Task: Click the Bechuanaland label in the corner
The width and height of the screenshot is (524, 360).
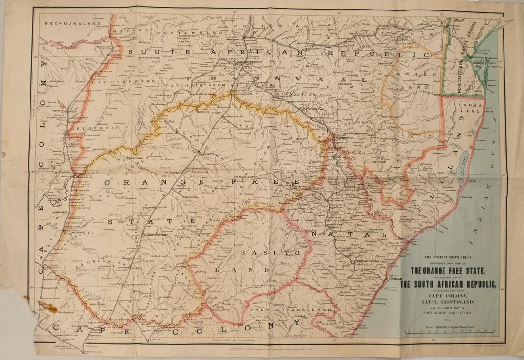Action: point(73,23)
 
